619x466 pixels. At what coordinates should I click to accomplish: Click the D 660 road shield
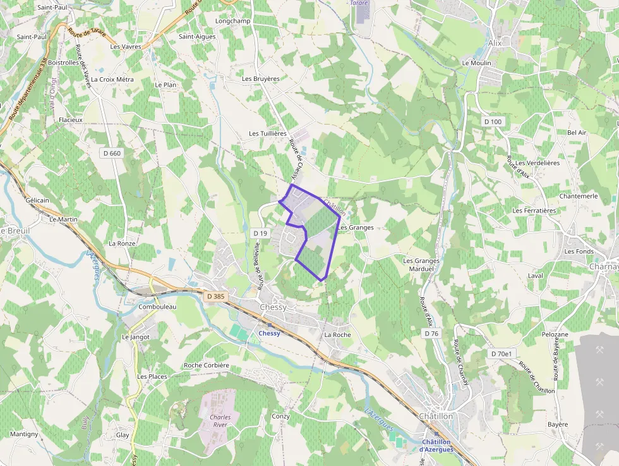coord(112,153)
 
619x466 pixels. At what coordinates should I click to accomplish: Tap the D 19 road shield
coord(260,233)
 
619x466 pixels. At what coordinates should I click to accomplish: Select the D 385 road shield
coord(215,295)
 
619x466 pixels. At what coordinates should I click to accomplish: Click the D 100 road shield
coord(493,121)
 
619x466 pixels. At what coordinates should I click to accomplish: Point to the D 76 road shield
coord(431,333)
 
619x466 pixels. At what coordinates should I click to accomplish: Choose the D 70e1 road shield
coord(501,353)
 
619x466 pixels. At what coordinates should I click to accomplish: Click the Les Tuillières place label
coord(268,133)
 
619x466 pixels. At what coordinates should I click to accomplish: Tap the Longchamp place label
coord(233,21)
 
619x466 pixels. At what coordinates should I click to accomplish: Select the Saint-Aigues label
coord(197,37)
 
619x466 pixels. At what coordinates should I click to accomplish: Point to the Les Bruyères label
coord(261,78)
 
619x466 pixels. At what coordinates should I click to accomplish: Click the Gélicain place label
coord(37,200)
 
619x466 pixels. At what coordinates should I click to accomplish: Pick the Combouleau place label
coord(157,307)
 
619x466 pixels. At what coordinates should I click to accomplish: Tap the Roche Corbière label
coord(207,365)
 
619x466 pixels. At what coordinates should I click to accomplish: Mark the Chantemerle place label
coord(579,196)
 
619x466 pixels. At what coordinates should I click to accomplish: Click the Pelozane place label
coord(555,334)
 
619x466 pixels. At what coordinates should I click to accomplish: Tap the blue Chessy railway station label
coord(270,333)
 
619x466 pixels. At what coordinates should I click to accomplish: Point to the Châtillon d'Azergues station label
coord(436,446)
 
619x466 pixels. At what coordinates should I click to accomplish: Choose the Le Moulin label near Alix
coord(477,63)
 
